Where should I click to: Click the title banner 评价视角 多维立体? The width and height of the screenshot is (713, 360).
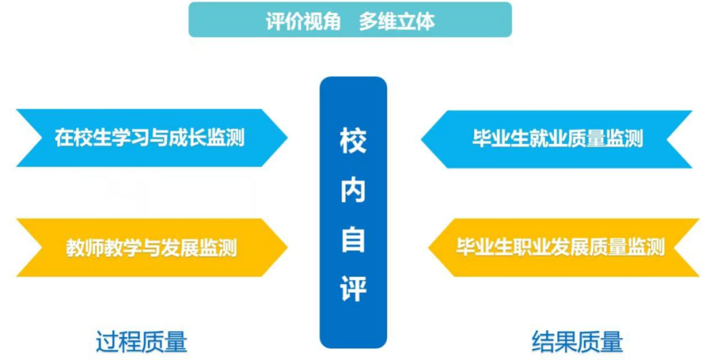tap(350, 20)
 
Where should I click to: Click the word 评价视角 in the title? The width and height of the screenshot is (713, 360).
tap(303, 21)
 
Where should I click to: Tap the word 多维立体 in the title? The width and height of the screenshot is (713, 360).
tap(397, 21)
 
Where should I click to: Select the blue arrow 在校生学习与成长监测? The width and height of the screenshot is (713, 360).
tap(152, 138)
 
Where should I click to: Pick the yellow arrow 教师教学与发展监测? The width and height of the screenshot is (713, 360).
tap(152, 248)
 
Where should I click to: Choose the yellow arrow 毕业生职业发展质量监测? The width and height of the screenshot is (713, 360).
tap(564, 248)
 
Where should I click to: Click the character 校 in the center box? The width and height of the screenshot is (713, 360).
tap(353, 140)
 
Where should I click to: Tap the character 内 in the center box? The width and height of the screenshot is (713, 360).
tap(353, 190)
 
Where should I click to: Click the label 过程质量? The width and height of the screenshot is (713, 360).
tap(141, 342)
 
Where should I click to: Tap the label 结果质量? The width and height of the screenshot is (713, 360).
tap(577, 342)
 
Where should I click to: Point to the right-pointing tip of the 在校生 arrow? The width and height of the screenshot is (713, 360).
tap(287, 138)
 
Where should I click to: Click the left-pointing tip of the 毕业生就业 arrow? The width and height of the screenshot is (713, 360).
tap(421, 139)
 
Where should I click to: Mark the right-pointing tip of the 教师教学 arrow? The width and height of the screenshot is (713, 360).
tap(287, 248)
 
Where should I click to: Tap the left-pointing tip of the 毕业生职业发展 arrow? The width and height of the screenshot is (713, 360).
tap(428, 248)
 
